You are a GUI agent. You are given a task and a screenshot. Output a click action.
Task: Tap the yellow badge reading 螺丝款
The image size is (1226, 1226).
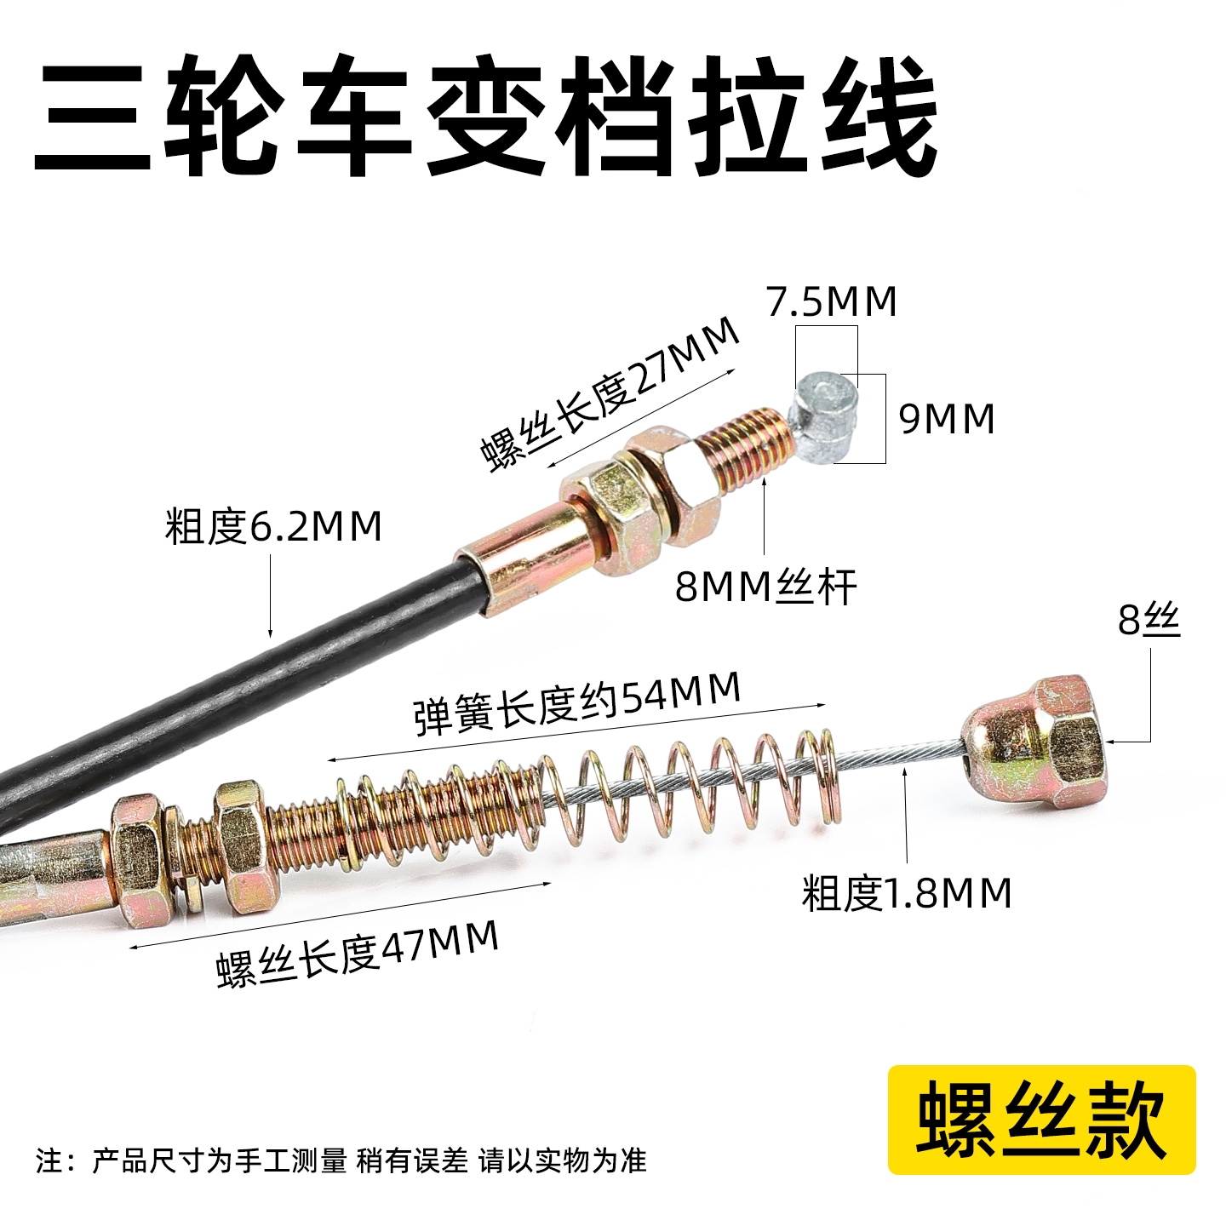pyautogui.click(x=1041, y=1120)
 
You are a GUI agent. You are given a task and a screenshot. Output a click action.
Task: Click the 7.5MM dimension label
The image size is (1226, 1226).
pyautogui.click(x=832, y=302)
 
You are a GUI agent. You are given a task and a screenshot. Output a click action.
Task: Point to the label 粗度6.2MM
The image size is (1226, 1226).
pyautogui.click(x=273, y=527)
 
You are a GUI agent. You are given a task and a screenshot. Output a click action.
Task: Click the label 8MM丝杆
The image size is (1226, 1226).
pyautogui.click(x=765, y=587)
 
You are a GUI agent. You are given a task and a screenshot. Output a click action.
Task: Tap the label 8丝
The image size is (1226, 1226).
pyautogui.click(x=1149, y=621)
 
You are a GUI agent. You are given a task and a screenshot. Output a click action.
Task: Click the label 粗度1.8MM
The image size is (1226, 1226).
pyautogui.click(x=907, y=894)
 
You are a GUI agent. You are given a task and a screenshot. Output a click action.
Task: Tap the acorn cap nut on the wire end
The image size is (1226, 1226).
pyautogui.click(x=1039, y=741)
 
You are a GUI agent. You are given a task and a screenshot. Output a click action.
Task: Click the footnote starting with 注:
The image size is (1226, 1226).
pyautogui.click(x=341, y=1160)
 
